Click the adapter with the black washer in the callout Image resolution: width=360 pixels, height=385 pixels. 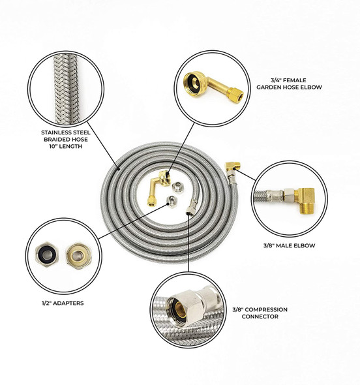(48, 252)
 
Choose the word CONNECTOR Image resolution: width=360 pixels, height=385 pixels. (260, 316)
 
